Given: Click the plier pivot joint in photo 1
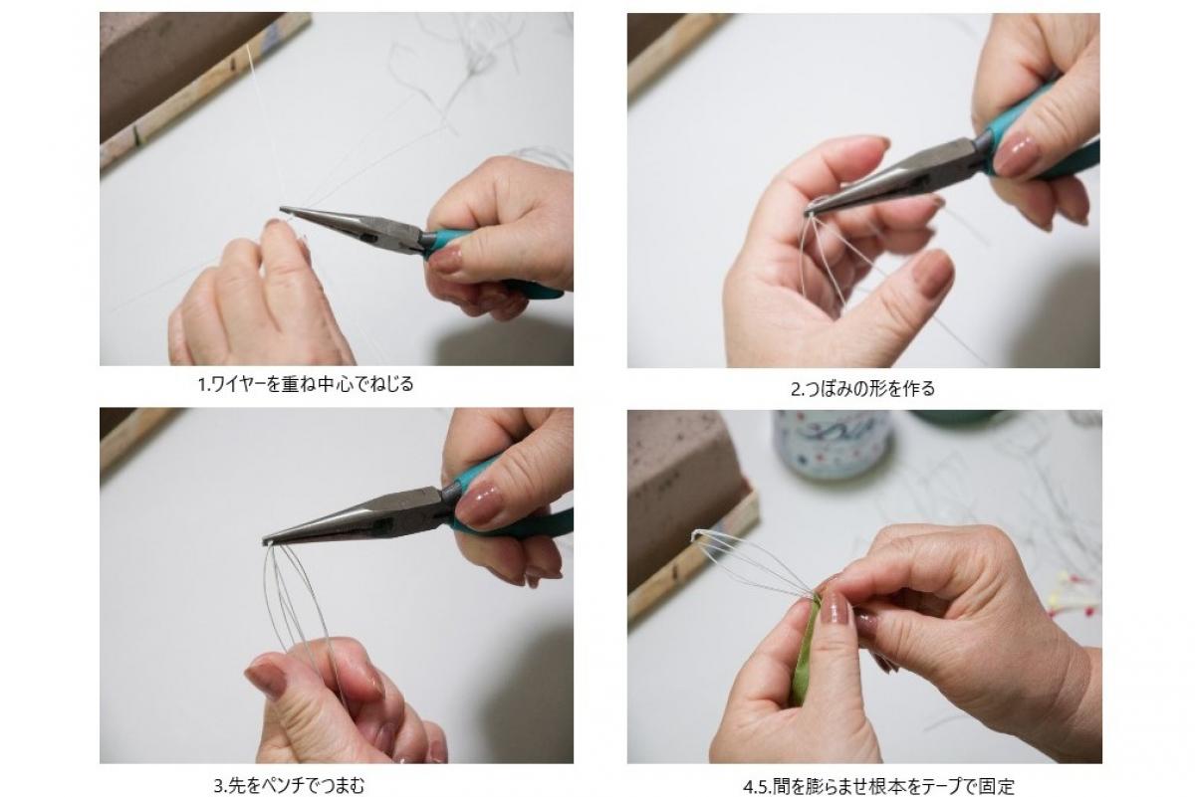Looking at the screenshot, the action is [367, 235].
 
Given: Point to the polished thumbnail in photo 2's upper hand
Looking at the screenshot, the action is [1014, 154].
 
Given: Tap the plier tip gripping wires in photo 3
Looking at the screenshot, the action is [266, 541].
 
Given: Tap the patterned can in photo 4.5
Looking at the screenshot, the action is [834, 444].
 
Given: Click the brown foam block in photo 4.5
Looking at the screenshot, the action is [683, 491].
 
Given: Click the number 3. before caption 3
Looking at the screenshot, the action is [220, 786].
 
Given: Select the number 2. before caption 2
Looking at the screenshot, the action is [797, 390].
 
